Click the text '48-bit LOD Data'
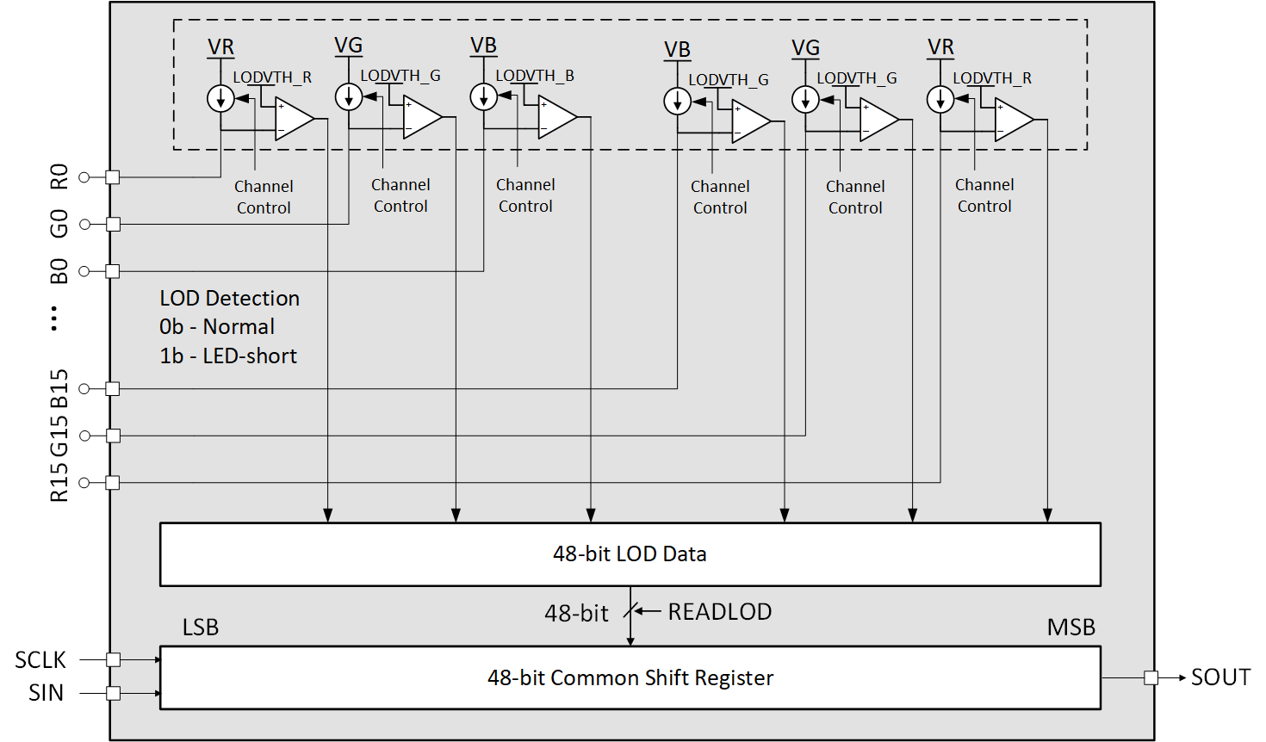click(630, 553)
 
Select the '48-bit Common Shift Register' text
click(630, 677)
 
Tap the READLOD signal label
click(719, 611)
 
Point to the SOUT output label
click(1219, 677)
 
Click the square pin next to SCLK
click(113, 659)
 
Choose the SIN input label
click(46, 693)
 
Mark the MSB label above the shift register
click(1071, 628)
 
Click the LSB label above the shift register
click(201, 628)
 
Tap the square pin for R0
click(113, 177)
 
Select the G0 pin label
click(59, 224)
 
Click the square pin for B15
click(113, 389)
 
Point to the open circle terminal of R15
click(84, 483)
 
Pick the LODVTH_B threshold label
click(534, 76)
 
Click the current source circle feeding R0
click(221, 99)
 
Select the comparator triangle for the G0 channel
click(421, 116)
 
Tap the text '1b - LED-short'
click(228, 356)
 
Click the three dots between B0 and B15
click(54, 318)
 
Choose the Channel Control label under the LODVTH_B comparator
click(525, 195)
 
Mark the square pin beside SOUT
click(1151, 677)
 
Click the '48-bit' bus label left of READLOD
click(576, 613)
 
